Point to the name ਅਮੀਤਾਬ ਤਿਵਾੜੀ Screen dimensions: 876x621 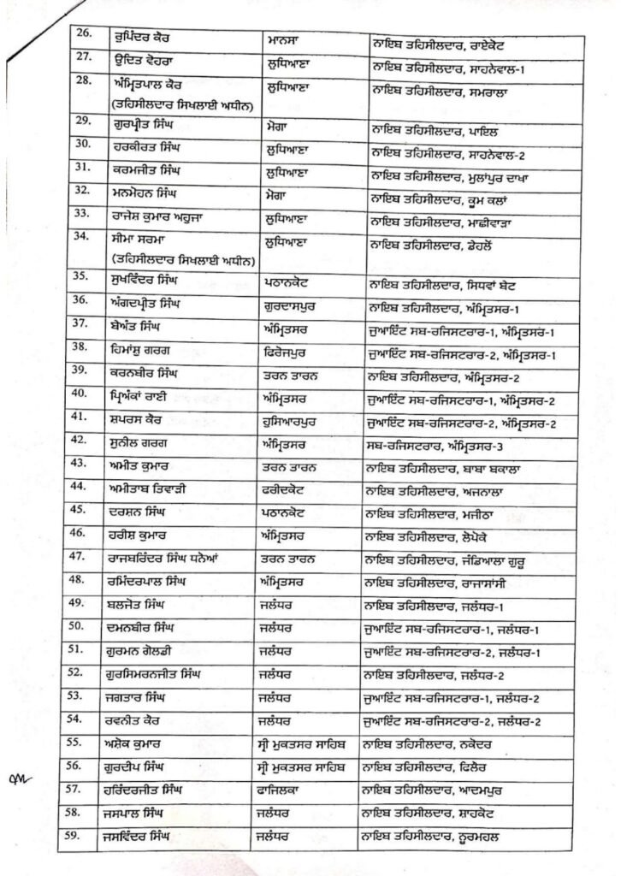click(x=157, y=489)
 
